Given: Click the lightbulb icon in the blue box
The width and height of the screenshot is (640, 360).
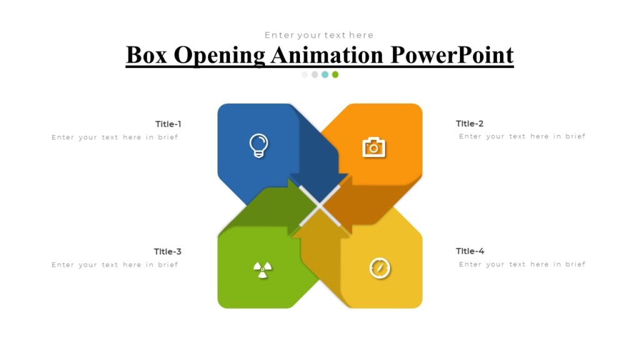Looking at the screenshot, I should click(258, 146).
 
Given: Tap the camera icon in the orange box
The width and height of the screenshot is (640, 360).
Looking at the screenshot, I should click(374, 147).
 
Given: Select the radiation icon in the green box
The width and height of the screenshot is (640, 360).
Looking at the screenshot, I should click(262, 269).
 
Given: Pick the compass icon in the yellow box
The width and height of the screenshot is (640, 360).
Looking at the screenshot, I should click(379, 268).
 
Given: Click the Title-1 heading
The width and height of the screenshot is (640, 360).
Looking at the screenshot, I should click(168, 124).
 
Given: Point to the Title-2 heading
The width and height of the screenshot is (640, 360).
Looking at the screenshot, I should click(469, 124).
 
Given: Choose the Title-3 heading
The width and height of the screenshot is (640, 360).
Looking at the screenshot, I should click(167, 251).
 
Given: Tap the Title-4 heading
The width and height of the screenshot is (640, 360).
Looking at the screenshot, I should click(470, 251).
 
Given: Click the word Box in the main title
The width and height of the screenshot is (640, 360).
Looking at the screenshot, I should click(146, 55).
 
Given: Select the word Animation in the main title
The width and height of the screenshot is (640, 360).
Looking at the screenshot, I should click(328, 55).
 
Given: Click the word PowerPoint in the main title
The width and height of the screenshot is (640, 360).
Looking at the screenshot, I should click(452, 55).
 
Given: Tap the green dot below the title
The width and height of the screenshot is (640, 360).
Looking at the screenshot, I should click(335, 74).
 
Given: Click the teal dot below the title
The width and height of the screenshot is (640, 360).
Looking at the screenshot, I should click(325, 74).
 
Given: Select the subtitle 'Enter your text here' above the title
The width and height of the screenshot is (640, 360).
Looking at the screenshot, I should click(319, 35).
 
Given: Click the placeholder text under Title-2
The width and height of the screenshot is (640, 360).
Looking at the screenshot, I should click(522, 136).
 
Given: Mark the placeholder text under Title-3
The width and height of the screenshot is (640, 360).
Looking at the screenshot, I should click(115, 264).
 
